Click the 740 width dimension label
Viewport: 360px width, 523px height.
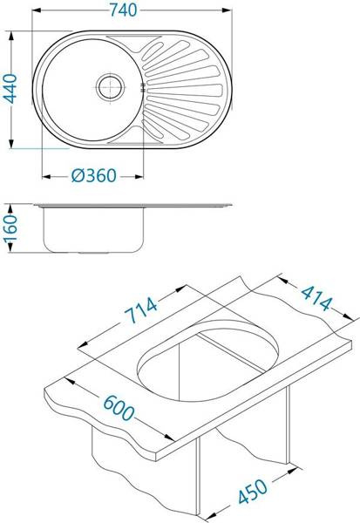tap(124, 10)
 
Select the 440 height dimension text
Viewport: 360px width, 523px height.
tap(10, 89)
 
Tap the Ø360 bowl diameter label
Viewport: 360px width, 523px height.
tap(94, 175)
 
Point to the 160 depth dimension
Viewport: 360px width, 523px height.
tap(10, 228)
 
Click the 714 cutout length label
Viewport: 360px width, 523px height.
tap(141, 310)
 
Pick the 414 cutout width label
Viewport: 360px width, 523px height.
tap(316, 298)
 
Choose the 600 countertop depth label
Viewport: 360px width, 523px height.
tap(118, 408)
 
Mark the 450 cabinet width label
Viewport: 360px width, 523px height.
tap(253, 492)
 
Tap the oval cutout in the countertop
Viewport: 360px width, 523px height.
tap(207, 361)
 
